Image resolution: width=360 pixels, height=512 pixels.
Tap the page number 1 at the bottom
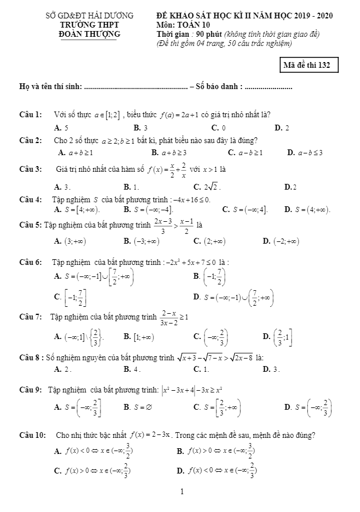tap(182, 492)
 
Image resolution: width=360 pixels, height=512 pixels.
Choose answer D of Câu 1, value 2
tap(282, 128)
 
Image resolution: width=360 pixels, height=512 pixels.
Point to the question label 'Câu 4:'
tap(30, 199)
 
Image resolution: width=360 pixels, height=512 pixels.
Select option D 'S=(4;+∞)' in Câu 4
tap(307, 210)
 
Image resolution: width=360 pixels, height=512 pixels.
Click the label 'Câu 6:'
tap(30, 262)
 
